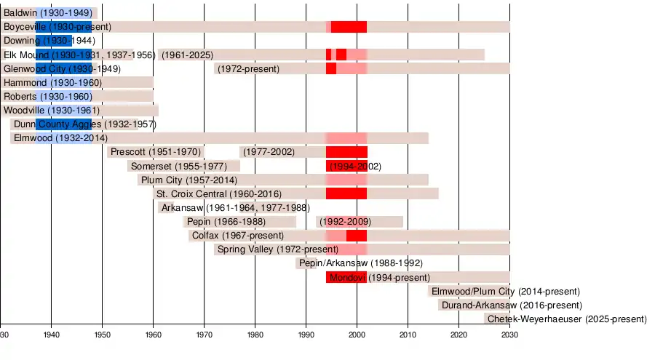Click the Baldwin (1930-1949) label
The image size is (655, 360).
coord(47,13)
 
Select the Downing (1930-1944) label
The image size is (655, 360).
coord(49,41)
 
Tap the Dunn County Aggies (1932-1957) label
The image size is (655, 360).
coord(84,124)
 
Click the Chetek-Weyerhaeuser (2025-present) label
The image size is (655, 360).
coord(566,319)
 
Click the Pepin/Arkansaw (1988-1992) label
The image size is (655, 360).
coord(360,263)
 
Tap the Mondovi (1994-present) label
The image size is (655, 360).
coord(380,278)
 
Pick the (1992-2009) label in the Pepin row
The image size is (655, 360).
coord(345,222)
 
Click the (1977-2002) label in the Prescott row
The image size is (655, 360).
coord(269,152)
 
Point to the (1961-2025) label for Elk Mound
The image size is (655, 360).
coord(188,55)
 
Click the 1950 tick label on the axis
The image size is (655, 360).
coord(102,335)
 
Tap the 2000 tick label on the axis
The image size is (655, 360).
coord(357,335)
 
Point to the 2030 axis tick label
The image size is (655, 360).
coord(509,335)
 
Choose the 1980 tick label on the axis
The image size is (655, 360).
coord(255,335)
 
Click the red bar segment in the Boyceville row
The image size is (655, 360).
coord(349,27)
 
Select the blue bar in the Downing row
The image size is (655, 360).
coord(54,41)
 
